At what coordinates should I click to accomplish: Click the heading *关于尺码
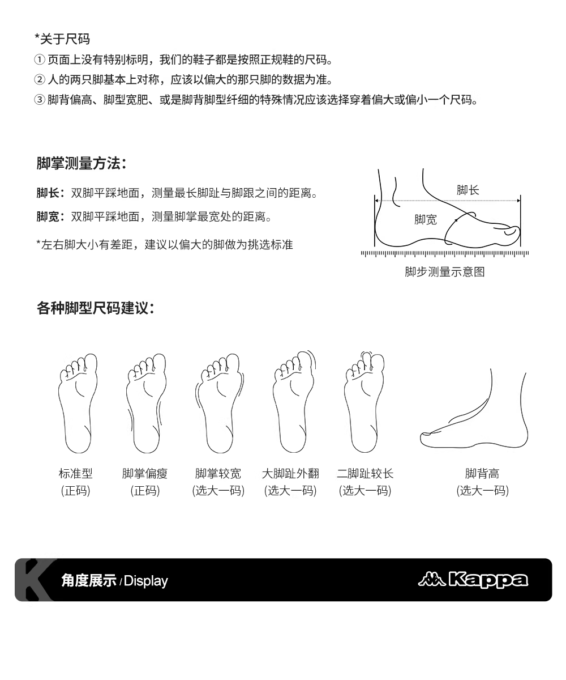pyautogui.click(x=62, y=39)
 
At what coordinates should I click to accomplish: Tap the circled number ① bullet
pyautogui.click(x=40, y=59)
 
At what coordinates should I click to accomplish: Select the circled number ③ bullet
pyautogui.click(x=40, y=100)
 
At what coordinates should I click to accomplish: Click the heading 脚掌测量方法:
pyautogui.click(x=82, y=163)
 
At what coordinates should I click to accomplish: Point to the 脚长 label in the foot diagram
pyautogui.click(x=468, y=190)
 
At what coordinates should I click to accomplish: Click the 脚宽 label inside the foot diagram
pyautogui.click(x=426, y=219)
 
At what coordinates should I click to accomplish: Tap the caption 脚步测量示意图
pyautogui.click(x=445, y=271)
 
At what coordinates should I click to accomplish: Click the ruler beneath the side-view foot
pyautogui.click(x=445, y=253)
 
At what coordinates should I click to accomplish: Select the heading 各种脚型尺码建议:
pyautogui.click(x=95, y=308)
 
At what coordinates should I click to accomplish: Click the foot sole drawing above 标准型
pyautogui.click(x=78, y=403)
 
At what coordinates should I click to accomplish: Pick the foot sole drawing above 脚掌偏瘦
pyautogui.click(x=147, y=403)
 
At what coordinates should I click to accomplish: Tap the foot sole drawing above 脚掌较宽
pyautogui.click(x=220, y=403)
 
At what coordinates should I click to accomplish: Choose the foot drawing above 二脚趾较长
pyautogui.click(x=365, y=402)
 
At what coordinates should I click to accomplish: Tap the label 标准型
pyautogui.click(x=75, y=474)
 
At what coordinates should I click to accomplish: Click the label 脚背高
pyautogui.click(x=482, y=474)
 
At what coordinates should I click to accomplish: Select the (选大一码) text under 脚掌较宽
pyautogui.click(x=218, y=491)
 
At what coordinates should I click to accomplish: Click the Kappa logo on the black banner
pyautogui.click(x=473, y=580)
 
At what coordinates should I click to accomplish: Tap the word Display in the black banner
pyautogui.click(x=145, y=581)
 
